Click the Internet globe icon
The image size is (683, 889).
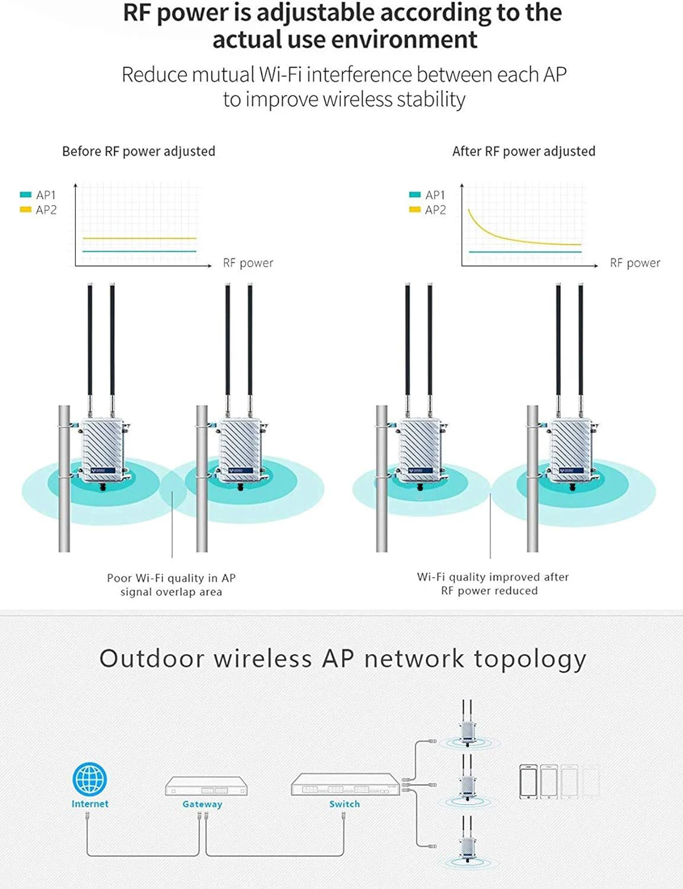[90, 779]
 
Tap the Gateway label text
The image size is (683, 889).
[202, 804]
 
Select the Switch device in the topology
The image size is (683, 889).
[345, 785]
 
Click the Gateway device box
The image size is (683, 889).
[206, 786]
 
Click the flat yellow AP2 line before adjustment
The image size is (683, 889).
[139, 238]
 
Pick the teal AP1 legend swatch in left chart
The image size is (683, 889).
[25, 194]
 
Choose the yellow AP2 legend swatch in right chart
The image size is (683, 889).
[415, 209]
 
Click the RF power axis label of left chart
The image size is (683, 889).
[248, 263]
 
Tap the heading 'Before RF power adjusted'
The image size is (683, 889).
[139, 151]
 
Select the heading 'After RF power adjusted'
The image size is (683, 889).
[524, 151]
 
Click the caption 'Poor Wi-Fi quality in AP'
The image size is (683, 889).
[171, 578]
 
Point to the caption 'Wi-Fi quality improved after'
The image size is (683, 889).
[493, 577]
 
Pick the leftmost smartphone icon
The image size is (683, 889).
[528, 781]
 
